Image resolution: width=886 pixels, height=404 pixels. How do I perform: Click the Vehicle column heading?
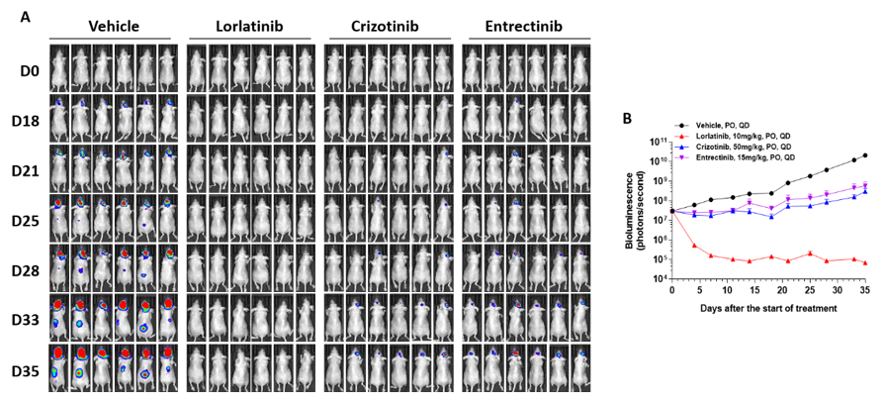tap(112, 26)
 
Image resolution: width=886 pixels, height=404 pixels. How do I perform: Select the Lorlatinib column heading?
tap(249, 26)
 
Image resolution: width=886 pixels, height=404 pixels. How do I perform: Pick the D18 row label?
tap(26, 118)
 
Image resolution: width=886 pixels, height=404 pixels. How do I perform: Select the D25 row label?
tap(26, 219)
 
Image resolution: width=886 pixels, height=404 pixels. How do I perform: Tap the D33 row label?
tap(26, 320)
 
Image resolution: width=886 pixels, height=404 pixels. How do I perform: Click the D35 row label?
tap(26, 370)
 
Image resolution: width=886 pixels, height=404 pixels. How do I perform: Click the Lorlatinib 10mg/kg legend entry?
tap(752, 136)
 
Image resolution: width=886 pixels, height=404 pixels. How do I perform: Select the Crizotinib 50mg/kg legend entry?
tap(752, 146)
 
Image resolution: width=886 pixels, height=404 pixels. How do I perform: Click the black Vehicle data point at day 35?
tap(866, 155)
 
